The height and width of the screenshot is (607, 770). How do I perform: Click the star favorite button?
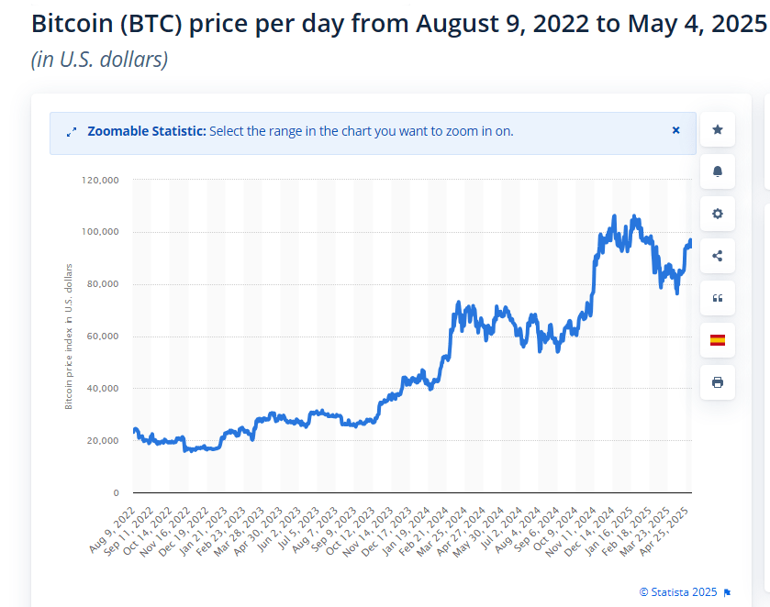(717, 130)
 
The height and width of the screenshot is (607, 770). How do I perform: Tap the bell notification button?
(717, 171)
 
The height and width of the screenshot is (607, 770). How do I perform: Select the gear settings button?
(717, 214)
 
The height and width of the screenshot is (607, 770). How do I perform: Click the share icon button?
(717, 256)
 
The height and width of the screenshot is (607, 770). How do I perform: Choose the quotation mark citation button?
(717, 298)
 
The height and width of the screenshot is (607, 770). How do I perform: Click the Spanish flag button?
(717, 340)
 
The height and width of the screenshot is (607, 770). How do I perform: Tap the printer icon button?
(717, 382)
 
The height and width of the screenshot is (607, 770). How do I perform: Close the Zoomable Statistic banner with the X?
(675, 130)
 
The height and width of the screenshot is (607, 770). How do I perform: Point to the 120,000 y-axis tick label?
(100, 181)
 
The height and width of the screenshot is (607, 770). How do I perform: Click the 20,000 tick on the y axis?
(103, 441)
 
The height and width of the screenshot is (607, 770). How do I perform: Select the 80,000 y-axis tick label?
(103, 284)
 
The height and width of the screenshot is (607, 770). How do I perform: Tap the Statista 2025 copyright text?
(679, 591)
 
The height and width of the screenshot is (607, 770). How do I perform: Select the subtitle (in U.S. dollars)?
(99, 60)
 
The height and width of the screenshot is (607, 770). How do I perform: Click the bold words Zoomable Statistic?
(147, 131)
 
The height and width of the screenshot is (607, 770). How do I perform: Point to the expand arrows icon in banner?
(72, 132)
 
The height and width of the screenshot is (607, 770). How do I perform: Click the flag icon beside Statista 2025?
(727, 592)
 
